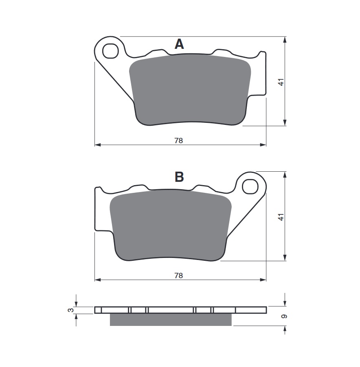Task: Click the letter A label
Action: point(179,44)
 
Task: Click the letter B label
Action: point(179,177)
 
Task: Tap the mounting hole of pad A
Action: point(110,51)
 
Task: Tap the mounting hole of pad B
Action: point(250,186)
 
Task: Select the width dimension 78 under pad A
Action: point(178,141)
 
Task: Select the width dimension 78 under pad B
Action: point(178,276)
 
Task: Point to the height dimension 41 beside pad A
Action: point(281,82)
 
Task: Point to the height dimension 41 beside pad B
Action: point(281,217)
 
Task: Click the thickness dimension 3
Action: point(71,310)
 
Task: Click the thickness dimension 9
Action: point(284,317)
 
